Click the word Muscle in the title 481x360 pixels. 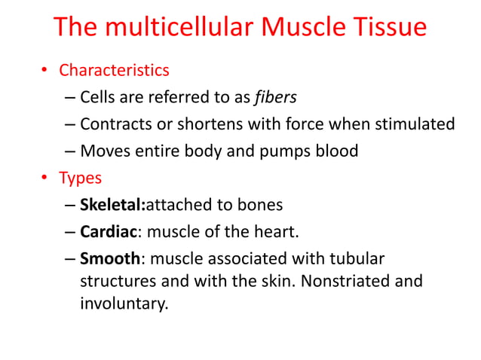[x=307, y=27]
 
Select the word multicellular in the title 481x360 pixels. [x=178, y=27]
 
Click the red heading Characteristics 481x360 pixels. [x=114, y=71]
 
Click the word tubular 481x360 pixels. [x=357, y=259]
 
